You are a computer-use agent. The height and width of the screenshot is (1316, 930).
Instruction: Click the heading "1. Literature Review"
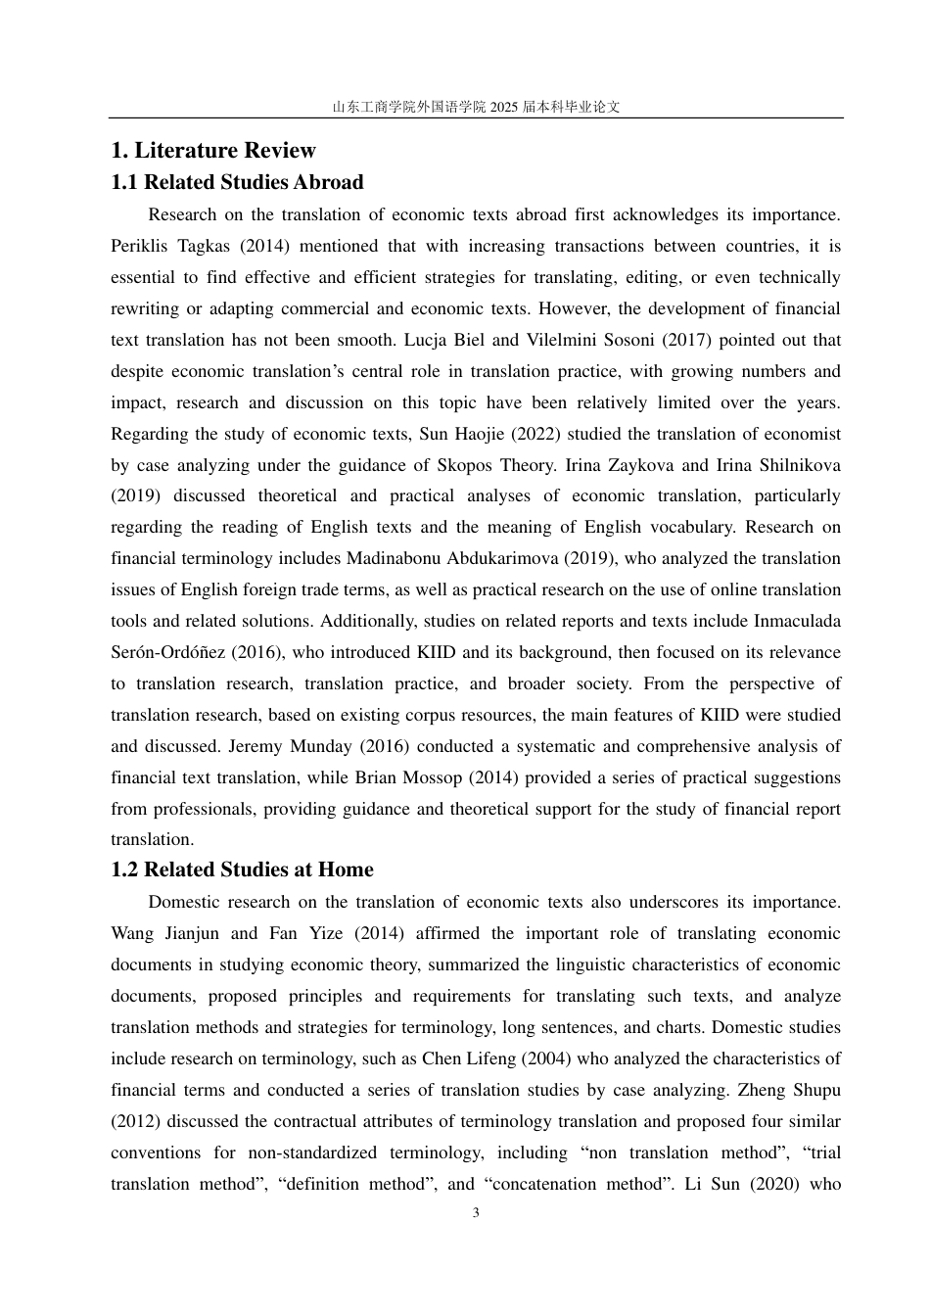(x=213, y=151)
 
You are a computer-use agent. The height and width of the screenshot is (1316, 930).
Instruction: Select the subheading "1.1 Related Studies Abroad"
(x=237, y=182)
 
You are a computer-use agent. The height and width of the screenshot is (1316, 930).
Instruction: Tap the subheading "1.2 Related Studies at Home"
(x=242, y=869)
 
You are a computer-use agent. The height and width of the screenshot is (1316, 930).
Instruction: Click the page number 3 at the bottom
(x=476, y=1213)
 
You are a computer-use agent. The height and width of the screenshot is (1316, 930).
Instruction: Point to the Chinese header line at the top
(x=476, y=107)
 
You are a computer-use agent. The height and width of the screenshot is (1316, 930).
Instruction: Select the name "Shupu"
(x=813, y=1090)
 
